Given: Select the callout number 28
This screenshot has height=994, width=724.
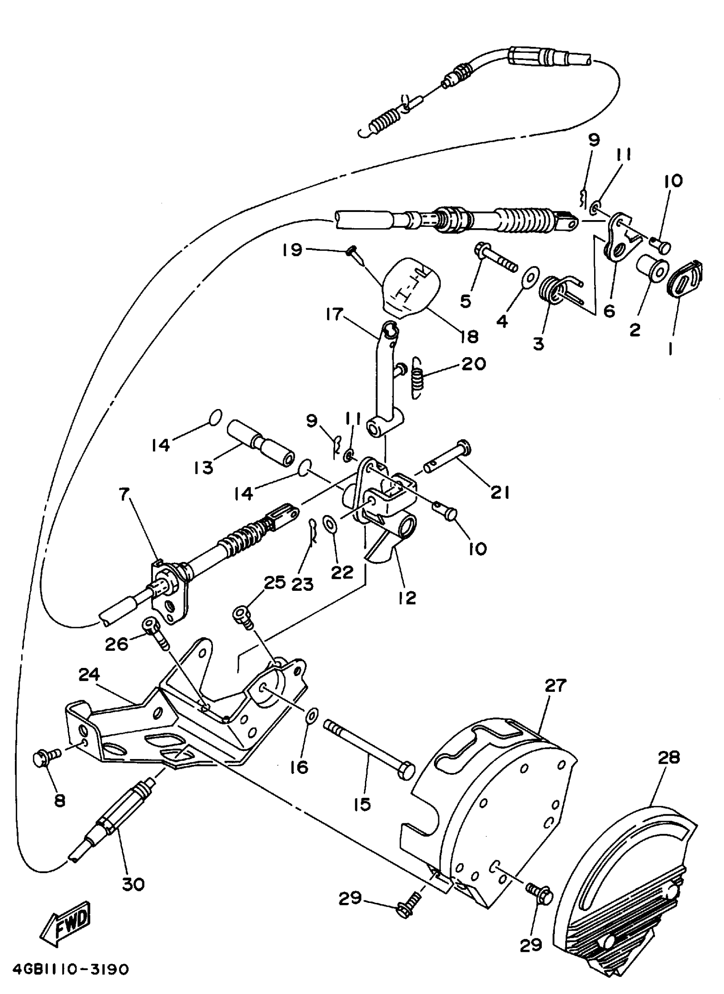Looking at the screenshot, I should (668, 757).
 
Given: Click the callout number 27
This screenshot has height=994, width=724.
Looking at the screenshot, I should (556, 685).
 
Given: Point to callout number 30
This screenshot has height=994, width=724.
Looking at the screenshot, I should (133, 884).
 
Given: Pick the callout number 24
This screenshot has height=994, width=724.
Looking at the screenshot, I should (89, 676).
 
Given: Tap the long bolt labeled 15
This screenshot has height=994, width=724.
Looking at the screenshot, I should (368, 752).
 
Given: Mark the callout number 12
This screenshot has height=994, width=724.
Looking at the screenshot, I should (407, 598).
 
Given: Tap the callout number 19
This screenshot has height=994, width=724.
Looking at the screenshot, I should (292, 250).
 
